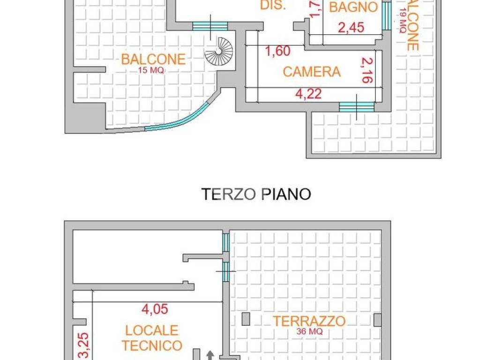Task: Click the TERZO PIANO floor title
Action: point(256,194)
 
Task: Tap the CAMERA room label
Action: point(312,72)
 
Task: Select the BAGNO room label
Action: point(353,7)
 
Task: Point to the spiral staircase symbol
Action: point(218,51)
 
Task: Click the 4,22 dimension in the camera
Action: point(308,94)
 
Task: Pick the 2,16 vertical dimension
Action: point(367,71)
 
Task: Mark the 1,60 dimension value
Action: point(278,51)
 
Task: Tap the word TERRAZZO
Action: point(309,322)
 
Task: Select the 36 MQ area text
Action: point(309,331)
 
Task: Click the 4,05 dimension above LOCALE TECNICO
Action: point(155,309)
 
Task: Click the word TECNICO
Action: point(152,345)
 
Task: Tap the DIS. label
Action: point(273,6)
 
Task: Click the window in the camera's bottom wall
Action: point(357,107)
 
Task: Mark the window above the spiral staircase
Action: point(210,26)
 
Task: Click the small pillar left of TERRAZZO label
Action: point(246,319)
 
